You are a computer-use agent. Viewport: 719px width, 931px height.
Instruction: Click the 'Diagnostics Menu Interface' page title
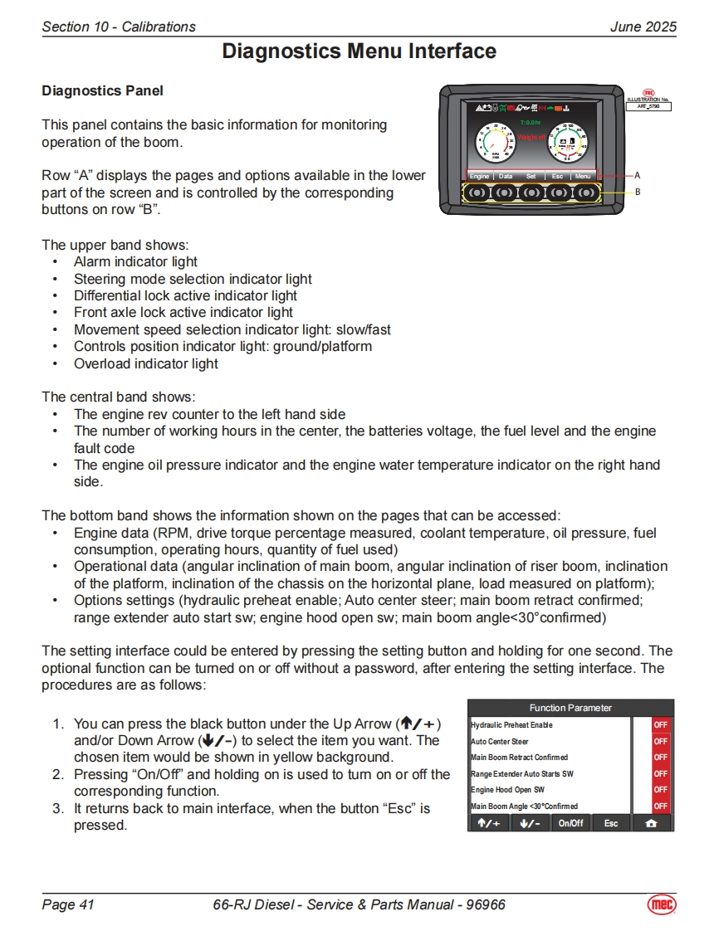(x=359, y=52)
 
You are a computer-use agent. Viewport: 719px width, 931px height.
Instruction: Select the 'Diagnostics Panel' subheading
(x=102, y=90)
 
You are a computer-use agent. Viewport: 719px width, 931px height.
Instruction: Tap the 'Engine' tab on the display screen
(x=479, y=176)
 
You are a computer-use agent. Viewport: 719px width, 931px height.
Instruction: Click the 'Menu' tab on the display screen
(x=583, y=176)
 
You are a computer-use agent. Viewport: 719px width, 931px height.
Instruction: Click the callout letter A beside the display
(x=637, y=175)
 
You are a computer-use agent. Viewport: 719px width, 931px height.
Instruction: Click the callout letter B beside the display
(x=637, y=192)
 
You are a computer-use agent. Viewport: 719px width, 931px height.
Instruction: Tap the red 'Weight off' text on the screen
(x=531, y=136)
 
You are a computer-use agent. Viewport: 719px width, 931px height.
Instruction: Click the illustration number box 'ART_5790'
(x=648, y=106)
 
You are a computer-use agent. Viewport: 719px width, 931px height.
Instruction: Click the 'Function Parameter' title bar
(x=570, y=708)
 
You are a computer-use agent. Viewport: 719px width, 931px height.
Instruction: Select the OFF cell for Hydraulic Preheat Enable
(x=660, y=725)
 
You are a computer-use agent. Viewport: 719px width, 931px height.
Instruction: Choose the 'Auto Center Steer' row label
(x=500, y=741)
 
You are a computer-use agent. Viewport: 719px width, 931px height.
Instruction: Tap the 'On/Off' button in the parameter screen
(x=570, y=823)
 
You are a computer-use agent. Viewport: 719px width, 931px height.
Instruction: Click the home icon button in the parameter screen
(x=652, y=823)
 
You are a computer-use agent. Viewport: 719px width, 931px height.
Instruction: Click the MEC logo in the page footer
(x=661, y=904)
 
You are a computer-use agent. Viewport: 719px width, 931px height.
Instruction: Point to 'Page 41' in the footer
(x=68, y=904)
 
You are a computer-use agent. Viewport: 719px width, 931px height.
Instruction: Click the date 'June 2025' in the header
(x=643, y=27)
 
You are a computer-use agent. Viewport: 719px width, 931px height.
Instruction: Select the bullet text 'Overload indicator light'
(x=146, y=363)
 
